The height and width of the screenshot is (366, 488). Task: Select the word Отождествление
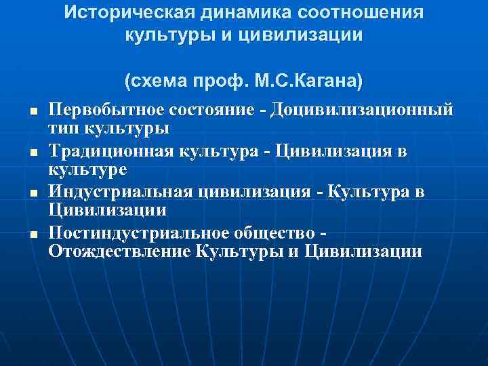pos(119,252)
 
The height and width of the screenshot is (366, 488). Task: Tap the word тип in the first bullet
pos(63,127)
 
